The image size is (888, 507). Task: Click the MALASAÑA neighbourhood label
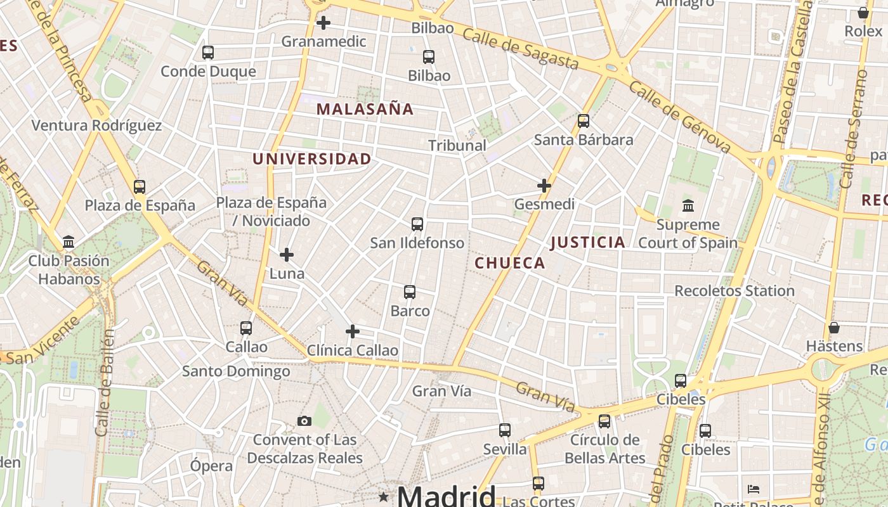(365, 109)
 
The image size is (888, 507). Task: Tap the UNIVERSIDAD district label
(311, 159)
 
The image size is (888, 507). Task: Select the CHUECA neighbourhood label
(510, 263)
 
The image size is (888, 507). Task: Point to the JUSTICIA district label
(588, 242)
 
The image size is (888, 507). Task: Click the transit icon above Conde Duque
(208, 53)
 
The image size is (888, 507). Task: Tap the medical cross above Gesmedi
(544, 186)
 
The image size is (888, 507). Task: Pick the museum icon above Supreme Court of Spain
(688, 205)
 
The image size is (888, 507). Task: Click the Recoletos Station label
(734, 291)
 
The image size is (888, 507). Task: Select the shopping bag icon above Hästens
(834, 328)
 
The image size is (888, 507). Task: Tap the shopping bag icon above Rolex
(863, 13)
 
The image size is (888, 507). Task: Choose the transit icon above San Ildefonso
(417, 224)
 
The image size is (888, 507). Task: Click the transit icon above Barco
(410, 292)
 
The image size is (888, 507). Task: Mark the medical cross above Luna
(287, 255)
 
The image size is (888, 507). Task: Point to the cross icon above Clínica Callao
(353, 331)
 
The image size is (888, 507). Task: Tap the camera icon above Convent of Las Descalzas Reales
(304, 421)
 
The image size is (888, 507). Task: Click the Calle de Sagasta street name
(520, 49)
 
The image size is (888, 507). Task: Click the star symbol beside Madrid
(383, 496)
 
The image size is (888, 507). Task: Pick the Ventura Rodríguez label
(96, 125)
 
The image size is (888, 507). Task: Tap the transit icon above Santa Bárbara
(584, 120)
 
